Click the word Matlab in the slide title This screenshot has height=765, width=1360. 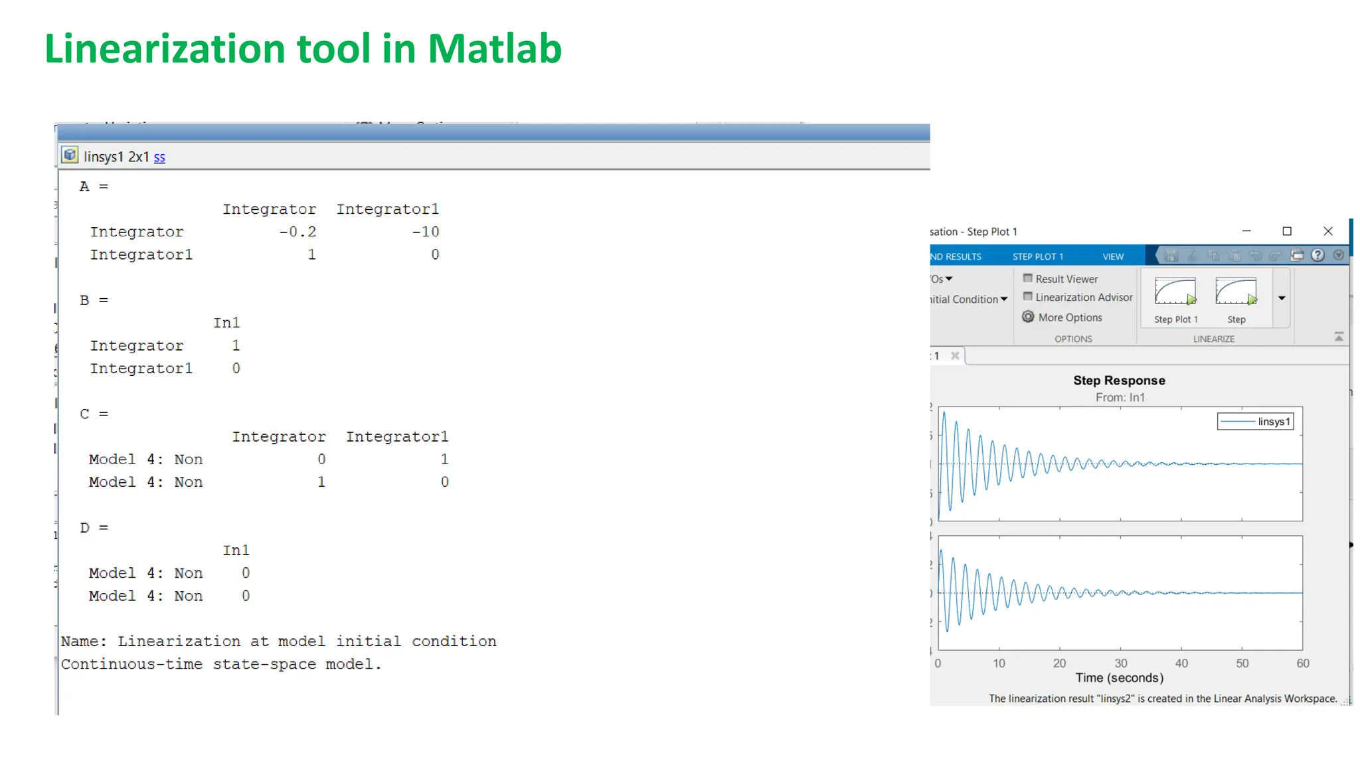click(x=494, y=49)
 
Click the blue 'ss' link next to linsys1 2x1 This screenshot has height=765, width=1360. click(x=159, y=157)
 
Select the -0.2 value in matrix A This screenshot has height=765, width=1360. click(x=297, y=232)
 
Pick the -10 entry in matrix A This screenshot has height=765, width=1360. click(x=426, y=232)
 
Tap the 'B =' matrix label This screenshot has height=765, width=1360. click(x=94, y=300)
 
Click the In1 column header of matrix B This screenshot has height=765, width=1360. click(x=226, y=323)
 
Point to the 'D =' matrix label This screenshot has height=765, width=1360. click(x=94, y=528)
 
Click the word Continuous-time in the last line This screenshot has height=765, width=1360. click(x=131, y=664)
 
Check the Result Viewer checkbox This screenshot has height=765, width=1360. click(x=1028, y=278)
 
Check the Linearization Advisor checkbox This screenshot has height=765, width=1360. click(x=1028, y=297)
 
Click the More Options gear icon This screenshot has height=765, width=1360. click(x=1028, y=317)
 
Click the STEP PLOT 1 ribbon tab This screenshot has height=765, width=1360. click(x=1037, y=256)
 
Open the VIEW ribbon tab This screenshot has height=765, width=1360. click(x=1113, y=256)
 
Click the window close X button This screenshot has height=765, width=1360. click(x=1328, y=231)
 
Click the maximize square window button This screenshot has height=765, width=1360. click(x=1287, y=231)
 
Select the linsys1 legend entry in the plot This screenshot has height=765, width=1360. click(x=1256, y=422)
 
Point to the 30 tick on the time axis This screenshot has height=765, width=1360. click(x=1121, y=663)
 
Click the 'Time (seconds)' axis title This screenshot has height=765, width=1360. click(x=1119, y=678)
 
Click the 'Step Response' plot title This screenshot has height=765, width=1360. click(x=1119, y=381)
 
